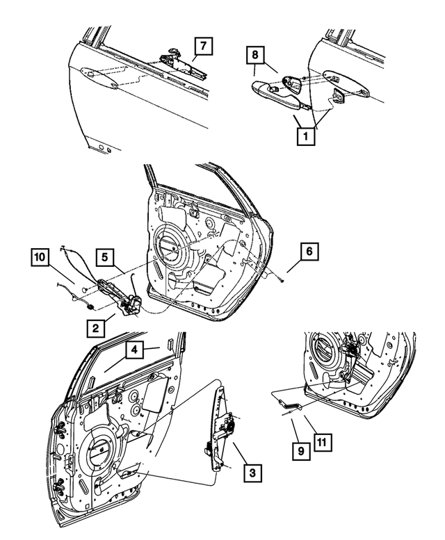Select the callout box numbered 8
tap(255, 55)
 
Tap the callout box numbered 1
tap(303, 137)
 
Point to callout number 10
tap(40, 259)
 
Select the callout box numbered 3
tap(252, 473)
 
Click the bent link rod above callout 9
tap(286, 402)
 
